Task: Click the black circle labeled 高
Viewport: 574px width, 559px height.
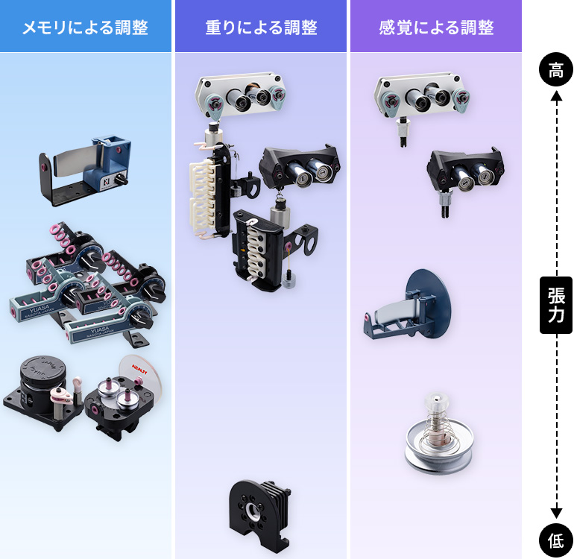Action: [x=555, y=71]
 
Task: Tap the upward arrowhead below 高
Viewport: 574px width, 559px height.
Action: [x=555, y=95]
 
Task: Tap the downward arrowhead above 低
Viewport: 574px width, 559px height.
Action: [x=555, y=513]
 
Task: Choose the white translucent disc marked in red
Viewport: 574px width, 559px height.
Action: [x=140, y=376]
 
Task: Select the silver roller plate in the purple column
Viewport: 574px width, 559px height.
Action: [x=422, y=96]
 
